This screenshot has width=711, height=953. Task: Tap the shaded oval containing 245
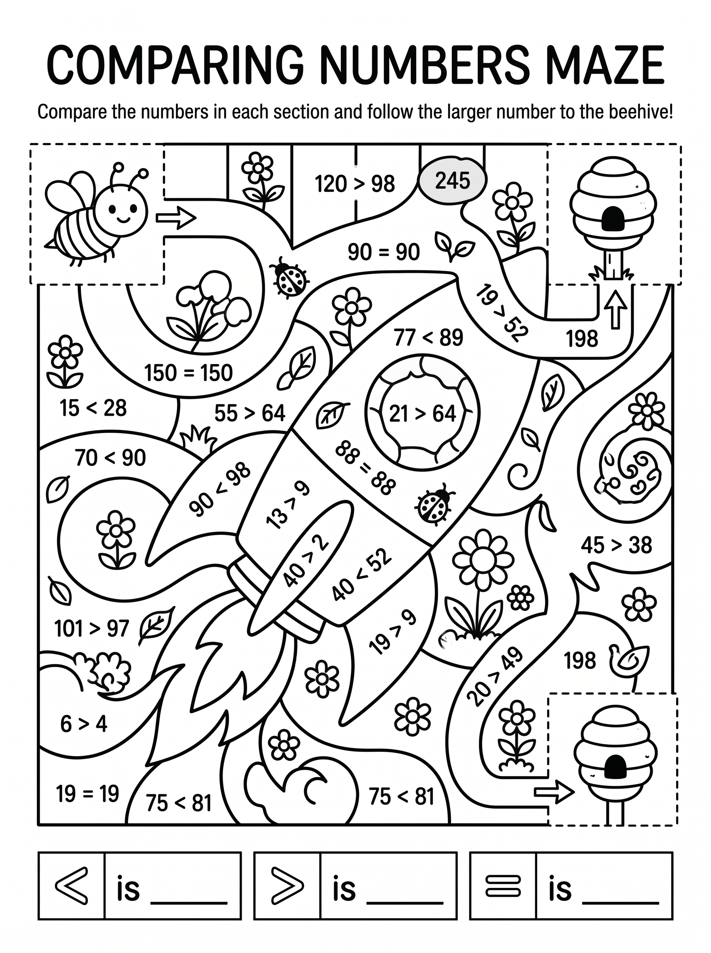[452, 181]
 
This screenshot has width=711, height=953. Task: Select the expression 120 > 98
[355, 184]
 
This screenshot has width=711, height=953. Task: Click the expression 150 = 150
[188, 372]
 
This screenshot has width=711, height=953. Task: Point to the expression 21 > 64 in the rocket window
[422, 413]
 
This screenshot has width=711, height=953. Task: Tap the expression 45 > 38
[616, 545]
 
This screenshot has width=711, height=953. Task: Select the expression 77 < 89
[428, 337]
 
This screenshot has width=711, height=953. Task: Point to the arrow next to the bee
[176, 218]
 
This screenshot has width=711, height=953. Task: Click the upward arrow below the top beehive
[616, 309]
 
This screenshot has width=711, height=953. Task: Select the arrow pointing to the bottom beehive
[554, 791]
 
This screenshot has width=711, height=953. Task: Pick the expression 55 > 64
[250, 413]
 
